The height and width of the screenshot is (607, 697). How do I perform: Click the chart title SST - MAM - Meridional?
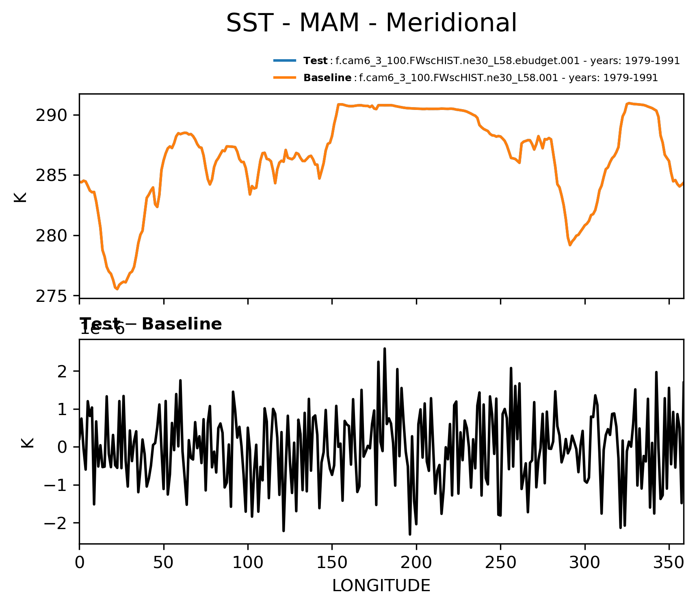tap(371, 23)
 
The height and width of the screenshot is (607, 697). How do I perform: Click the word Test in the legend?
tap(315, 61)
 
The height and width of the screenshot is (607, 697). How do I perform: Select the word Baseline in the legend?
tap(327, 78)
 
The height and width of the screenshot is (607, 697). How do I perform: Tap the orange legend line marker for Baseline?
tap(285, 77)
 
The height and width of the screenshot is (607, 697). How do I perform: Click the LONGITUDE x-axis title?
tap(381, 586)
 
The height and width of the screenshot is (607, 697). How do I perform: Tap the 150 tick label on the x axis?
tap(332, 563)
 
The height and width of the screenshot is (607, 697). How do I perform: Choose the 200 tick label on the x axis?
tap(416, 563)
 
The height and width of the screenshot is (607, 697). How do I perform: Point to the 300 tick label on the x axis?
tap(584, 563)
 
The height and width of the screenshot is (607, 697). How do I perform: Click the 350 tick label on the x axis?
tap(669, 563)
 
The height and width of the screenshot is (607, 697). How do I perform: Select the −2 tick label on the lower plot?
tap(56, 523)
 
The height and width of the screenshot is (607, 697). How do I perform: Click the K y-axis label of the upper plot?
tap(20, 197)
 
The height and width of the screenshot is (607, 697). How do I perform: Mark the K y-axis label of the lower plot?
tap(28, 442)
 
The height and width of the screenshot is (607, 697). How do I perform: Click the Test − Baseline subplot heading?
tap(151, 324)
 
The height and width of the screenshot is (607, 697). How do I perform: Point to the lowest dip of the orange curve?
tap(117, 289)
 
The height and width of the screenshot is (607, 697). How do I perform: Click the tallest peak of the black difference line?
tap(384, 349)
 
